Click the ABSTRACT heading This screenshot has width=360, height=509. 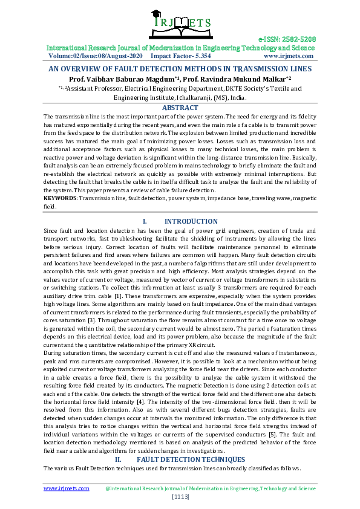(x=180, y=108)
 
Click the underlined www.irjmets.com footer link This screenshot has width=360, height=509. (x=66, y=487)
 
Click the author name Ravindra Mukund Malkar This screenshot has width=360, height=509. (x=244, y=79)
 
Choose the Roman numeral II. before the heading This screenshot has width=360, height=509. (x=119, y=460)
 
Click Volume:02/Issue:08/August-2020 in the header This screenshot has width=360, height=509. (x=92, y=56)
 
